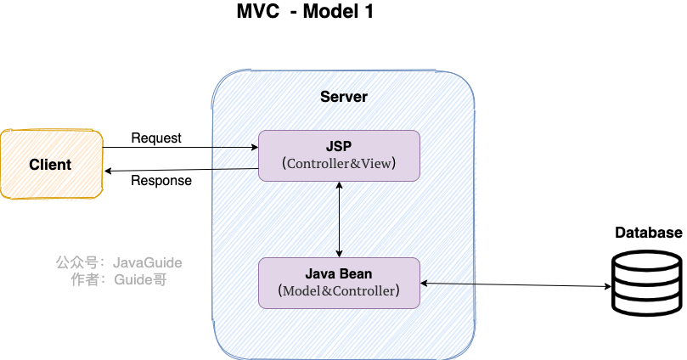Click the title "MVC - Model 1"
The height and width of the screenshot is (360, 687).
[x=305, y=13]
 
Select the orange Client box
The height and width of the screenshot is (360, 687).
[x=51, y=164]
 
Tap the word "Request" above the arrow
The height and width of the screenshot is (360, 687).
[x=156, y=138]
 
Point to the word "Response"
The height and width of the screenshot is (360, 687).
[x=161, y=180]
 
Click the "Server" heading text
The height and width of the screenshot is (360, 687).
[x=344, y=96]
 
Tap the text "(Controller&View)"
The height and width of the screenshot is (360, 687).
[x=339, y=164]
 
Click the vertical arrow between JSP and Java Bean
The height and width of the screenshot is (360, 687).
[x=340, y=219]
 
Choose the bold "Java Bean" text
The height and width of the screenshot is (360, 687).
[x=339, y=273]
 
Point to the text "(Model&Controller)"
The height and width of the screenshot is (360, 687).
[x=339, y=290]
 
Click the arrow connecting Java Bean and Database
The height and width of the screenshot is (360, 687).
[x=515, y=284]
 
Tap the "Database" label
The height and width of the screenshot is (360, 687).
[x=649, y=233]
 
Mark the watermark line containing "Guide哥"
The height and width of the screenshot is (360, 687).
[x=119, y=279]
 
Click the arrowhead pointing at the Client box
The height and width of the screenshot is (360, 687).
[x=108, y=171]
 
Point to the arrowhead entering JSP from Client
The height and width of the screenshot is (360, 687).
[x=254, y=148]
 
